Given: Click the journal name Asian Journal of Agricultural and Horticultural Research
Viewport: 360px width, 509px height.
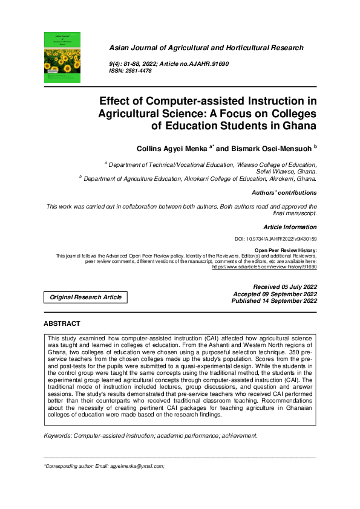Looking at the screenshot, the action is pos(206,48).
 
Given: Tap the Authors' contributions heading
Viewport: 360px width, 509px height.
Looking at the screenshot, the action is pos(284,193).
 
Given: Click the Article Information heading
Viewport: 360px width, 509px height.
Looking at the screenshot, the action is pos(290,227).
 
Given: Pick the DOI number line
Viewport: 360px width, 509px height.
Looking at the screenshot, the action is pos(275,240).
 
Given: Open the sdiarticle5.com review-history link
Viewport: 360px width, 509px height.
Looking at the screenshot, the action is pos(264,267).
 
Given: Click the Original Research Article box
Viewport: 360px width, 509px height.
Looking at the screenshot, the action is pos(85,297).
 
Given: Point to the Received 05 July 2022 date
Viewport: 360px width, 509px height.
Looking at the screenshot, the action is pos(285,287).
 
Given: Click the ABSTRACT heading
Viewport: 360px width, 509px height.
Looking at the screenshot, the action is pos(62,324).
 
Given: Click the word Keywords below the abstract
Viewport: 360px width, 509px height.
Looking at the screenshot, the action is pos(58,436).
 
